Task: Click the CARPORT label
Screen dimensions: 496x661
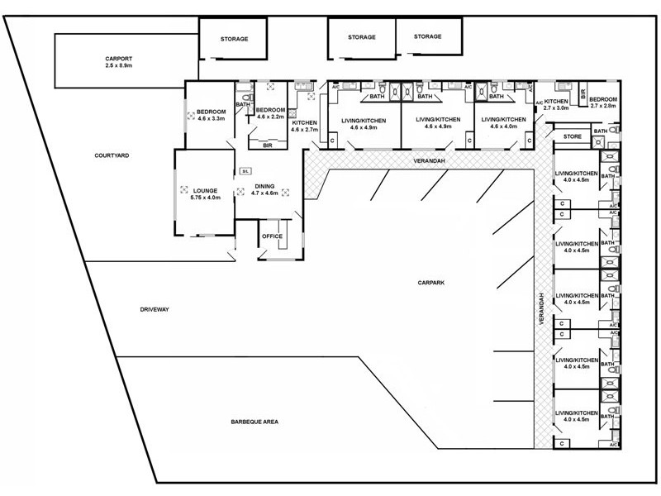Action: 119,59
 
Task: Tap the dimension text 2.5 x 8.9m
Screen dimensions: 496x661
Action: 119,67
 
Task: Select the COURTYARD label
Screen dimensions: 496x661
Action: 112,155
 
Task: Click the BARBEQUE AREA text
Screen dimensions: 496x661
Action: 254,422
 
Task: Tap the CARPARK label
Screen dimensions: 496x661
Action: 431,283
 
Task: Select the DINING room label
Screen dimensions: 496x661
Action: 264,185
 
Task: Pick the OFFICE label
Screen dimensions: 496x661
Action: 272,236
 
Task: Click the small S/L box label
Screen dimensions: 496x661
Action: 245,171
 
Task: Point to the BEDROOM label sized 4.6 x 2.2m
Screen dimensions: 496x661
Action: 270,110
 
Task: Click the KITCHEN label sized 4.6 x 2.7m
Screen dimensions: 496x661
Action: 304,122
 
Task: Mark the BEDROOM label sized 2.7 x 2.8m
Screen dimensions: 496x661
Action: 602,99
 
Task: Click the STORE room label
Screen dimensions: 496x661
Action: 573,136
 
